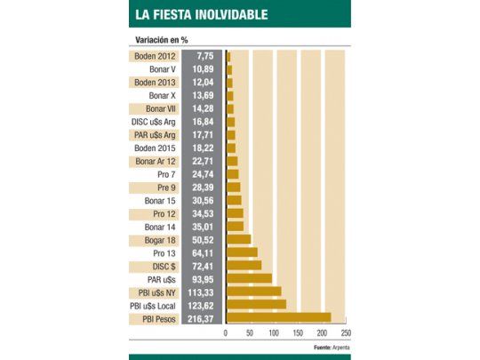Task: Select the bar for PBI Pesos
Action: [x=278, y=317]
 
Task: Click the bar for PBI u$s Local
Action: [x=256, y=304]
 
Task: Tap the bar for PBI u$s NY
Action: [x=253, y=291]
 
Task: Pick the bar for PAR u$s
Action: [x=249, y=277]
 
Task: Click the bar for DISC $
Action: [x=244, y=264]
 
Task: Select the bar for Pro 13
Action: [x=242, y=252]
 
